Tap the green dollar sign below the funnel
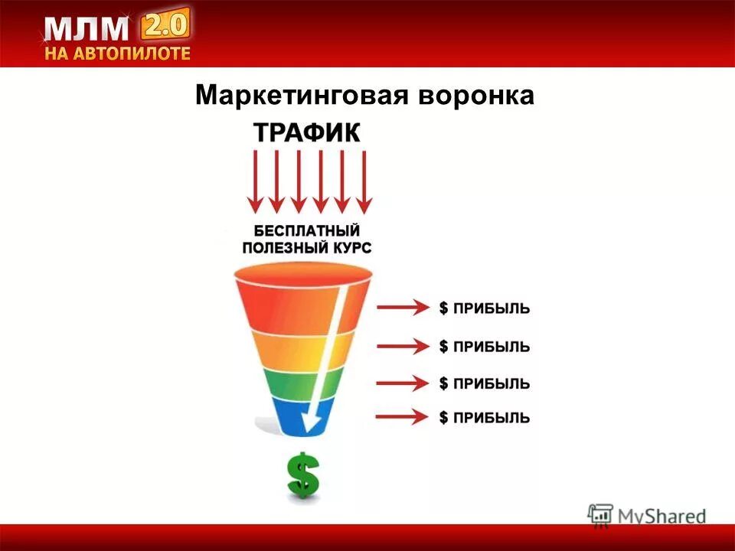pos(303,474)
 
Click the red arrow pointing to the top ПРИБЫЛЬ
pos(403,308)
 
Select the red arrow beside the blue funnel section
pos(403,417)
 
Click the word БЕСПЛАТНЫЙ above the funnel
pos(307,230)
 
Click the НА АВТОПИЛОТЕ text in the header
pos(116,54)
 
